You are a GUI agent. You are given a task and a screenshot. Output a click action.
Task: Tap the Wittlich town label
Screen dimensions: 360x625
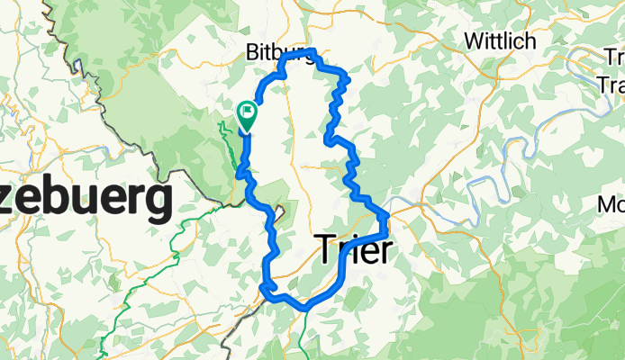click(499, 41)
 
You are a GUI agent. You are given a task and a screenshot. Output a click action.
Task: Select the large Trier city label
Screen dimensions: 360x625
click(355, 249)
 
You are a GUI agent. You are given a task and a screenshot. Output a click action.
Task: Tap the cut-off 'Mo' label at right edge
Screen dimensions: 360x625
click(611, 205)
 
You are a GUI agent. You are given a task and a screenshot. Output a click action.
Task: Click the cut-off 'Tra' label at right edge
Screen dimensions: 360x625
click(611, 85)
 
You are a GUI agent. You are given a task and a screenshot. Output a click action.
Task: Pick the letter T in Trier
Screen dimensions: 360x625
click(328, 249)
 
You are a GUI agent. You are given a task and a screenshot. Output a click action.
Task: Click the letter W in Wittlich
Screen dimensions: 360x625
click(472, 41)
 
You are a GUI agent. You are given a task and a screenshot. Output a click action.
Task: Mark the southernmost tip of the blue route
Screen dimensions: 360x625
click(306, 308)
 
